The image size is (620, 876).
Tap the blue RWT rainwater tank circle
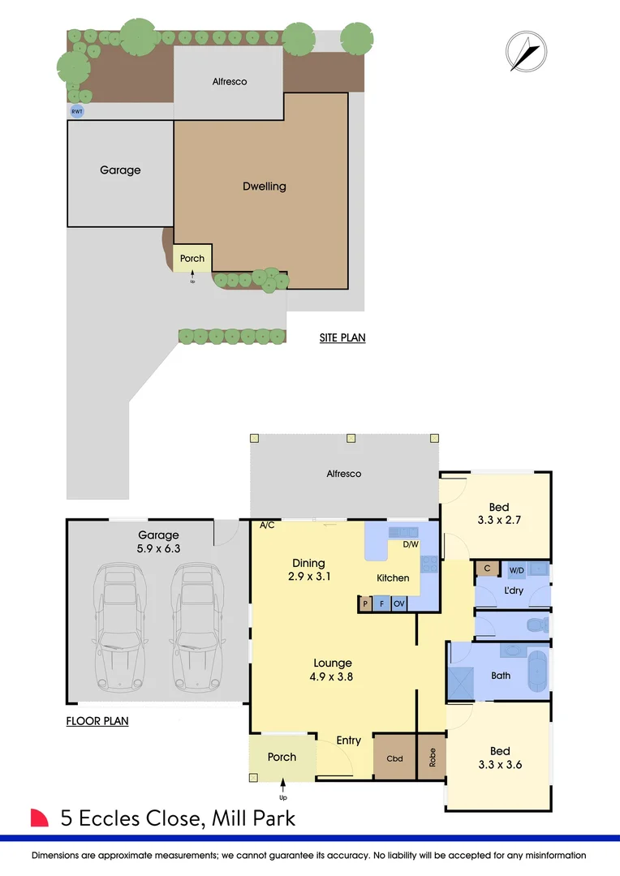pos(77,111)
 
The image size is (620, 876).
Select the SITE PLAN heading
pos(342,337)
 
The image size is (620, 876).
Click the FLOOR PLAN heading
pos(97,720)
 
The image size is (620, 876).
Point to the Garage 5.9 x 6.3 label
pos(158,542)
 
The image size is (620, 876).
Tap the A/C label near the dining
pos(266,526)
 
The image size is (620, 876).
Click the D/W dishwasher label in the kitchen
pos(410,544)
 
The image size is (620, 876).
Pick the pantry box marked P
pos(366,603)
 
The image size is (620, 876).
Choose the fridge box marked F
pos(381,603)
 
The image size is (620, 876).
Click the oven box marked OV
pos(399,603)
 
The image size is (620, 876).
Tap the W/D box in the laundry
pos(517,569)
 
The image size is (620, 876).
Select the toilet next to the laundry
pos(536,625)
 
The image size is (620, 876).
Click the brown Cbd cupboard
pos(394,758)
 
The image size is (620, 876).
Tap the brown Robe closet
pos(432,758)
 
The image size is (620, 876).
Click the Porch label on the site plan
pos(192,259)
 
